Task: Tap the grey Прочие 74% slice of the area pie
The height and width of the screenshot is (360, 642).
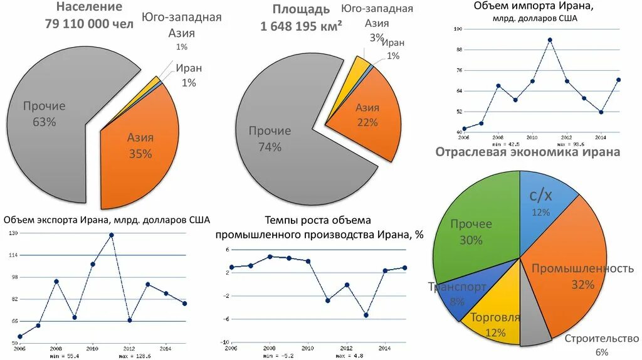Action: pos(276,151)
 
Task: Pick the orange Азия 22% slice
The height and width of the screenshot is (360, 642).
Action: pos(367,119)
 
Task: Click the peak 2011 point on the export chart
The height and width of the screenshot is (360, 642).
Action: pos(111,235)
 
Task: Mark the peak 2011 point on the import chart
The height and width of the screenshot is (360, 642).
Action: pos(549,40)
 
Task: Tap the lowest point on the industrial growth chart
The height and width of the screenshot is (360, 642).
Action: pos(366,315)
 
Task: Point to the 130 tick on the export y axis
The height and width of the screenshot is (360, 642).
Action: pos(13,233)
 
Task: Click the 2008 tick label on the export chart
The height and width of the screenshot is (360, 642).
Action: pos(56,348)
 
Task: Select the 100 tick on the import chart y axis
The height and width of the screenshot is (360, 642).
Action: pos(458,29)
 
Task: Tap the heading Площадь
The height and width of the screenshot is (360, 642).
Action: pos(300,9)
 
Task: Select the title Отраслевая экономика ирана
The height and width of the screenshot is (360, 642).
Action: pos(528,152)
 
